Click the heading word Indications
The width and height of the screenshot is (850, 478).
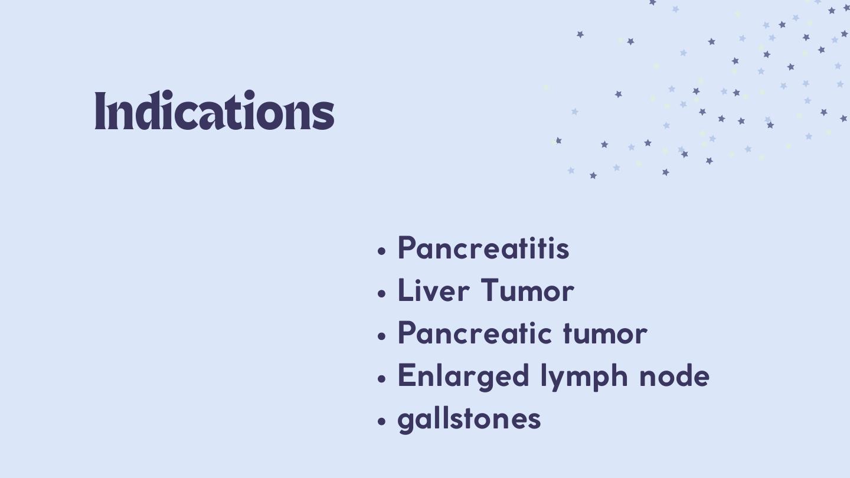pyautogui.click(x=214, y=110)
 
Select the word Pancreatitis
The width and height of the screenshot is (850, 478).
pyautogui.click(x=483, y=248)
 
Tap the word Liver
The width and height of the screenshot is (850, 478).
pyautogui.click(x=434, y=290)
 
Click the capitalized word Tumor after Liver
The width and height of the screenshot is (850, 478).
pyautogui.click(x=528, y=290)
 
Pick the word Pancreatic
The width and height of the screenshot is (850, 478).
pyautogui.click(x=475, y=333)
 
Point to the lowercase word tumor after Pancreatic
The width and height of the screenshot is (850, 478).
pyautogui.click(x=605, y=334)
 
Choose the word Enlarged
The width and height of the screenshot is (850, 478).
pyautogui.click(x=463, y=376)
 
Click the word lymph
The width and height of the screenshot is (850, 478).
pyautogui.click(x=584, y=376)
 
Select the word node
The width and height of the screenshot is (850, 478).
pyautogui.click(x=674, y=376)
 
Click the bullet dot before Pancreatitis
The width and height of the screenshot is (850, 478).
pyautogui.click(x=382, y=251)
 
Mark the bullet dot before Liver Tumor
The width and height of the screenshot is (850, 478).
pyautogui.click(x=382, y=293)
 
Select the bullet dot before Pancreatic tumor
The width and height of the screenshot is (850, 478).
pyautogui.click(x=382, y=336)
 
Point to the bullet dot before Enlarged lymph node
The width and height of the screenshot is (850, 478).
pyautogui.click(x=382, y=378)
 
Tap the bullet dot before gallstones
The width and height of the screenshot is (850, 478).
pyautogui.click(x=382, y=421)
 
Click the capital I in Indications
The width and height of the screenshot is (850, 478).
pyautogui.click(x=100, y=110)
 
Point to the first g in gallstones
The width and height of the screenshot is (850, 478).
pyautogui.click(x=406, y=423)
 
